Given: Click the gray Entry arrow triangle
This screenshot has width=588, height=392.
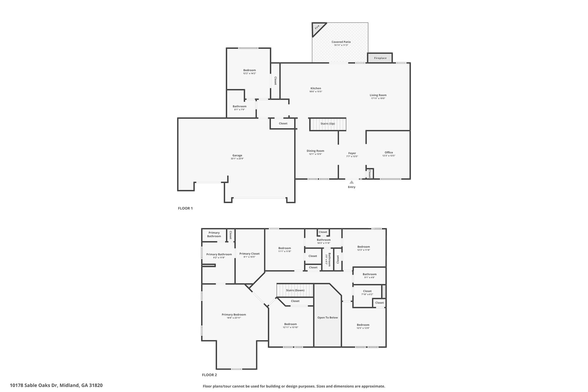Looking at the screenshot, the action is [x=352, y=182].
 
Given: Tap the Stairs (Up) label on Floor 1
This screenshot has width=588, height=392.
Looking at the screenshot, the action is [x=328, y=123].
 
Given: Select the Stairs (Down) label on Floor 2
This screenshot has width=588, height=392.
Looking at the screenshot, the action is [x=295, y=290].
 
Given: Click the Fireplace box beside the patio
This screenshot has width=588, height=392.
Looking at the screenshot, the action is [x=380, y=58].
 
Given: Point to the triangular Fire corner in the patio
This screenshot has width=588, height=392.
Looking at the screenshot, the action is [x=317, y=28].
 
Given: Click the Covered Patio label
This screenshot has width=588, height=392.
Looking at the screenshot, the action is [x=341, y=42].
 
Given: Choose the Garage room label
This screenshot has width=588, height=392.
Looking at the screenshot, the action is [x=237, y=155].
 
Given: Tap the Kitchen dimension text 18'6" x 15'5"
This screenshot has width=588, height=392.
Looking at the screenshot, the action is [x=316, y=92].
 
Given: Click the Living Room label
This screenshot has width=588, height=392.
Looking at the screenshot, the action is [x=378, y=95].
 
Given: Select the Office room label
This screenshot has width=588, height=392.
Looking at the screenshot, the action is [x=389, y=152].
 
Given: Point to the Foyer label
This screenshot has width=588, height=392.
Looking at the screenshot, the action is [x=352, y=153].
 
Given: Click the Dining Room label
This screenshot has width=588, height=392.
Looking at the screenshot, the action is [x=315, y=151].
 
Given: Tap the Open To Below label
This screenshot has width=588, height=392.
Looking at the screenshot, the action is [x=328, y=318].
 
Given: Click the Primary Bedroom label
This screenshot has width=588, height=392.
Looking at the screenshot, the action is [x=234, y=314].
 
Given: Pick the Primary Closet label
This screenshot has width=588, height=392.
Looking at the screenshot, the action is [x=249, y=254].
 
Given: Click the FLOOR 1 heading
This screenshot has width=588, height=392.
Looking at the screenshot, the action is [x=185, y=208].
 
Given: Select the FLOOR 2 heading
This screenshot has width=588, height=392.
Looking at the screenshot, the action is [x=209, y=375].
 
